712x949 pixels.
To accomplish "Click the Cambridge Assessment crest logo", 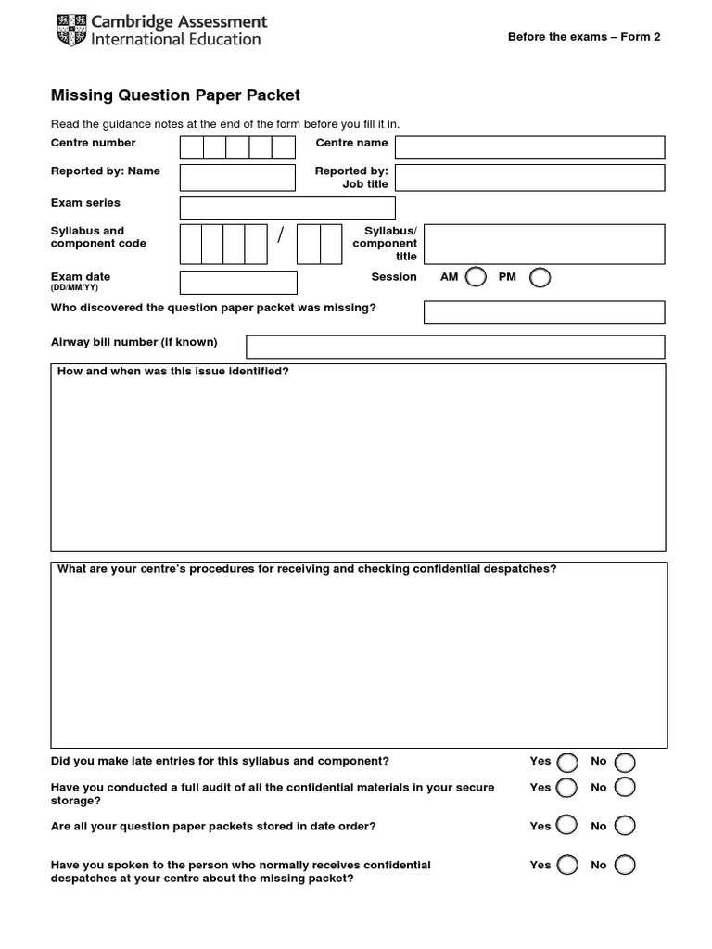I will coord(70,30).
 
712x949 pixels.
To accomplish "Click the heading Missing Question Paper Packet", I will coord(175,95).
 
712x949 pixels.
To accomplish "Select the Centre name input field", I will coord(529,147).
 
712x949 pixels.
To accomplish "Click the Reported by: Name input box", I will coord(237,177).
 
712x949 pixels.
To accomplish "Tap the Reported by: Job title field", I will coord(529,177).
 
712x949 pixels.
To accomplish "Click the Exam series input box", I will coord(287,208).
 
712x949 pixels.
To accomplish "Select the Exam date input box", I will coord(238,282).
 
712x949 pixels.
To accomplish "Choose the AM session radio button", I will coord(476,277).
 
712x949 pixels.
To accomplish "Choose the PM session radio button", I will coord(540,277).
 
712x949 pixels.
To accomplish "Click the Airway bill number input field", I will coord(455,347).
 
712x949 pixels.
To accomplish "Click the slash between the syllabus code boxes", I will coord(280,236).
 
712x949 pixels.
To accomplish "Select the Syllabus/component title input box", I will coord(544,244).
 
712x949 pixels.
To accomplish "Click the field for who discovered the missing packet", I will coord(544,312).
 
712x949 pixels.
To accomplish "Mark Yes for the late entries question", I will coord(567,762).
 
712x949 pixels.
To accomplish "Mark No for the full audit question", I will coord(626,788).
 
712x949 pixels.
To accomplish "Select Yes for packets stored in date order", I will coord(567,826).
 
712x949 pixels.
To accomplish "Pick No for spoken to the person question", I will coord(626,865).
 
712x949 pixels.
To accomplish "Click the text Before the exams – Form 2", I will coord(584,37).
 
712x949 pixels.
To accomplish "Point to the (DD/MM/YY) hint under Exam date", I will coord(74,288).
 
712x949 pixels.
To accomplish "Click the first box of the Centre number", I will coord(191,147).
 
